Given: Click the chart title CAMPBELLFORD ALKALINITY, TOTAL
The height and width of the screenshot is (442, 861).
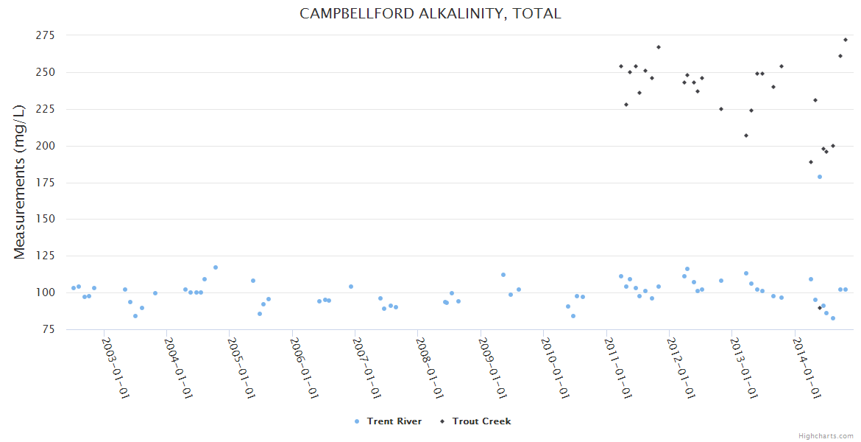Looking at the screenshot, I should [430, 13].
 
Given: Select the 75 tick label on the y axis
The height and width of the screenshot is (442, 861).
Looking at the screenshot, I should [49, 329].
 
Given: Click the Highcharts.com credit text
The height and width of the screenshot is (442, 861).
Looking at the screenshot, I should [826, 436].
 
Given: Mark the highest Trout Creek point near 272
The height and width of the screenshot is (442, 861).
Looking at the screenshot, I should [846, 40].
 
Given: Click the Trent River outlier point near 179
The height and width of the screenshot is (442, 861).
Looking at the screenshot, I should [820, 177].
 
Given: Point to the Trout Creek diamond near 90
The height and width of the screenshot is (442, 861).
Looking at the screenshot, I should [820, 308].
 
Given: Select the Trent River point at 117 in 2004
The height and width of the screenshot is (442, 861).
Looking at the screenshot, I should [216, 267].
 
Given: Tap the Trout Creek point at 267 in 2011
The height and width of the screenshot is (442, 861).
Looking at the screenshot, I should [659, 47].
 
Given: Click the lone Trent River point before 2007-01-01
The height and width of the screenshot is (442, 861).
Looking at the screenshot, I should [351, 287].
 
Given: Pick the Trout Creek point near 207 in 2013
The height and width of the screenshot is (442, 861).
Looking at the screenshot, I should [746, 136].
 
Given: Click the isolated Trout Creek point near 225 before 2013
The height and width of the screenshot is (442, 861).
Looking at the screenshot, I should [721, 109].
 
